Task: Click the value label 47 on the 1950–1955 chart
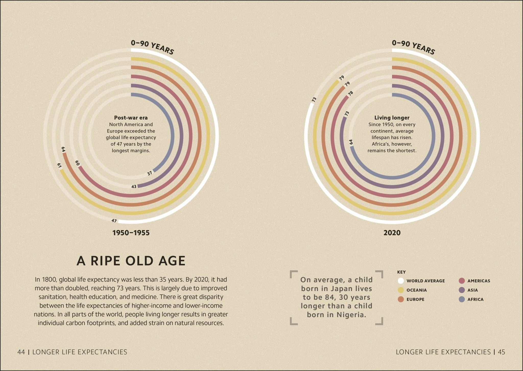tap(114, 221)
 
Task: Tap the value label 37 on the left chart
tap(150, 173)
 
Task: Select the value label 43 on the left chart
tap(134, 187)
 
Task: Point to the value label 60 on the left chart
tap(77, 163)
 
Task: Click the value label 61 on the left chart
tap(59, 166)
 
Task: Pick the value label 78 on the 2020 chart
tap(351, 93)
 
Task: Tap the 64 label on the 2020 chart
tap(351, 142)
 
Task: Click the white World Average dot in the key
tap(401, 281)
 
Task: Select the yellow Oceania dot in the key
tap(401, 290)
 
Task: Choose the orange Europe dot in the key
tap(401, 299)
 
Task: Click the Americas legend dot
tap(461, 281)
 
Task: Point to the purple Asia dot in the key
tap(461, 290)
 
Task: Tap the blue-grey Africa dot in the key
tap(461, 299)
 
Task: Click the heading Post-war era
tap(131, 118)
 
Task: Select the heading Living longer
tap(392, 118)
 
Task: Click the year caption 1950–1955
tap(131, 233)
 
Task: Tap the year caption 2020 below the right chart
tap(392, 233)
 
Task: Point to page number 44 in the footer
tap(21, 352)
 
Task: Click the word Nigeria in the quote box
tap(351, 315)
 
